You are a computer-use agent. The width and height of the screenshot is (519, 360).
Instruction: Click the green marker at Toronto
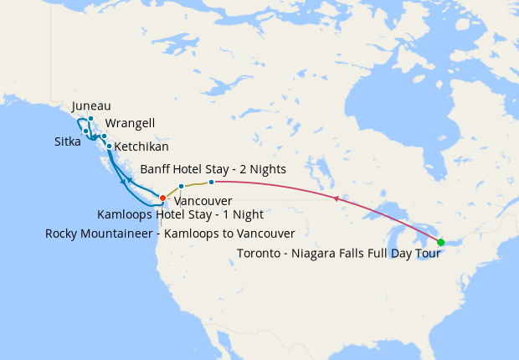click(441, 242)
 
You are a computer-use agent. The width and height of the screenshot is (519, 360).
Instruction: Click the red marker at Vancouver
click(162, 198)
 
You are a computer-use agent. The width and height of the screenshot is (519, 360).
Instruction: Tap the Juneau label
click(91, 106)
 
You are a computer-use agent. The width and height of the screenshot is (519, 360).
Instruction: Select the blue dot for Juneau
click(90, 119)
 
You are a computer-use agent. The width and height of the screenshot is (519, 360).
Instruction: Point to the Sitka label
click(68, 141)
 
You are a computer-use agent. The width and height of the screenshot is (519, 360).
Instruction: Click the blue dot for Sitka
click(85, 131)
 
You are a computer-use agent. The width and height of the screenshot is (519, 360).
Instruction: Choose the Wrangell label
click(130, 123)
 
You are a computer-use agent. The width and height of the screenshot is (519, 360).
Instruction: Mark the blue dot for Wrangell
click(104, 136)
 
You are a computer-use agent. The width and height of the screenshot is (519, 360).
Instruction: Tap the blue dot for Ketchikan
click(109, 146)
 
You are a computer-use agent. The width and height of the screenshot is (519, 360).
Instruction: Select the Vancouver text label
click(203, 202)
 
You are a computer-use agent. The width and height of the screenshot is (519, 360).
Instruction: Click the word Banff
click(157, 167)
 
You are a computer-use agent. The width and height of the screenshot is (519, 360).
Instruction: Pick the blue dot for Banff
click(211, 182)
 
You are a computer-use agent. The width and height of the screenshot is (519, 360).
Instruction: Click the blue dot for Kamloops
click(181, 186)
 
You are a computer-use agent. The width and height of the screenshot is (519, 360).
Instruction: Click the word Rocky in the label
click(62, 234)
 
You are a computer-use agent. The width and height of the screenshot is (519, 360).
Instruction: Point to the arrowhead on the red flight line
click(336, 198)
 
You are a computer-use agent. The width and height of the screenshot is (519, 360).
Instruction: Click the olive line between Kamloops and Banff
click(196, 183)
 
